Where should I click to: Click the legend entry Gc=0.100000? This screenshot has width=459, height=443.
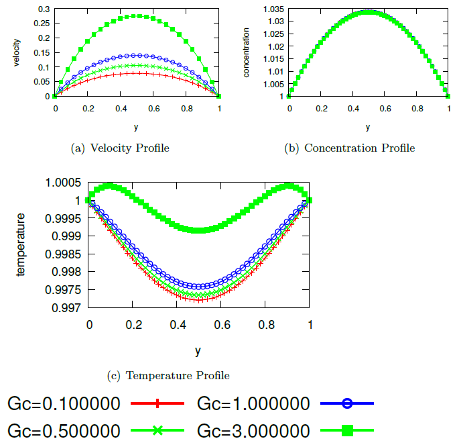(64, 403)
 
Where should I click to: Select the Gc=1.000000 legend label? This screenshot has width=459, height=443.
(254, 403)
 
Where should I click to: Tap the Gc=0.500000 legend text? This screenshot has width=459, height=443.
(64, 430)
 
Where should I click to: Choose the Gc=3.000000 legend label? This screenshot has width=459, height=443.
(254, 430)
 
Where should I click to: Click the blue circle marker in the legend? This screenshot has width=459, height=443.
(346, 403)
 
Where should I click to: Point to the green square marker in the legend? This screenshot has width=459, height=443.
(346, 430)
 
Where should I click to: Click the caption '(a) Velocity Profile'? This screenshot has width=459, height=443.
(120, 148)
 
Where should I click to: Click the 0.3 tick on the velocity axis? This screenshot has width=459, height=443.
(44, 9)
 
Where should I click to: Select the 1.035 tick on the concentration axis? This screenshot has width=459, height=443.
(275, 9)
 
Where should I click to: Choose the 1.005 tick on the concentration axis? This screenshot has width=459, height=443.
(275, 84)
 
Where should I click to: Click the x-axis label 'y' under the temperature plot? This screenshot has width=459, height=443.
(198, 350)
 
